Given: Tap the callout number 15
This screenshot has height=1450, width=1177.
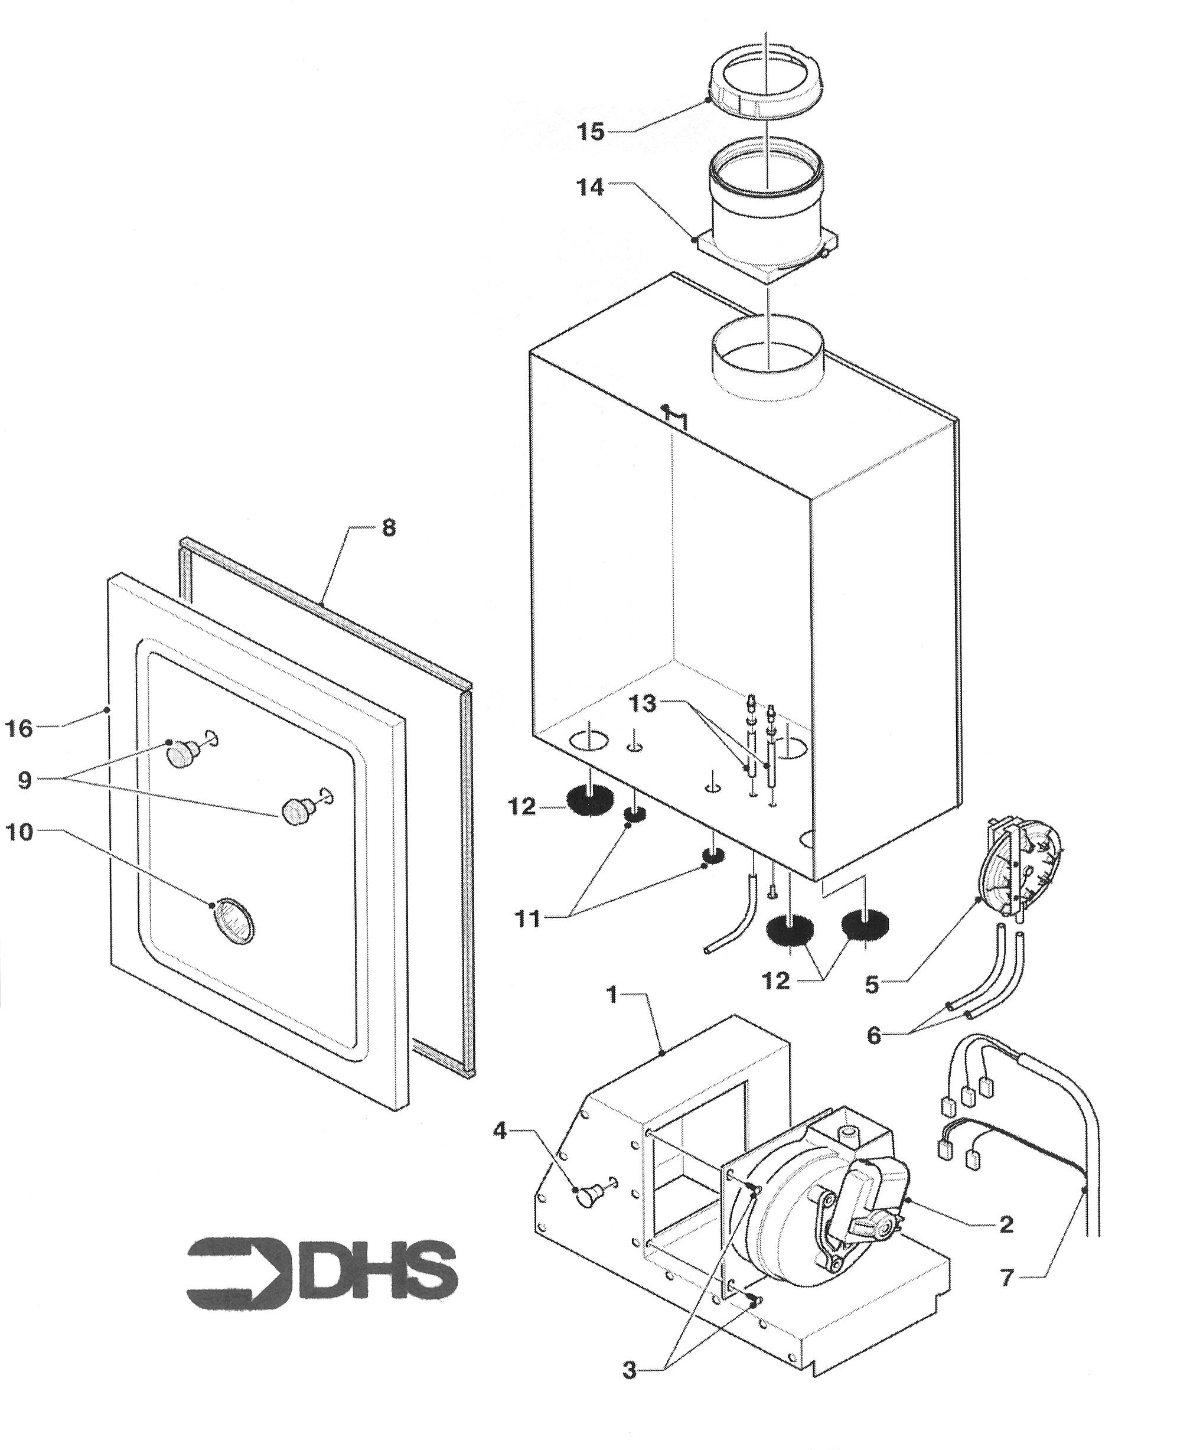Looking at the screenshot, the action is point(591,131).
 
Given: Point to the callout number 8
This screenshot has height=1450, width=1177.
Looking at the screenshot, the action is point(389,528).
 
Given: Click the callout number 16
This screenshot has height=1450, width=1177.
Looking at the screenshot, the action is point(19,729).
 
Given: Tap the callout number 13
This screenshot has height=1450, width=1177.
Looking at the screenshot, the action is point(643,703).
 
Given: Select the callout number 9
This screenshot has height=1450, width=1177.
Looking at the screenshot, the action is point(24,780).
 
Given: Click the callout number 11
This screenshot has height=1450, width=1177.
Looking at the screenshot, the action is point(527,918).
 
